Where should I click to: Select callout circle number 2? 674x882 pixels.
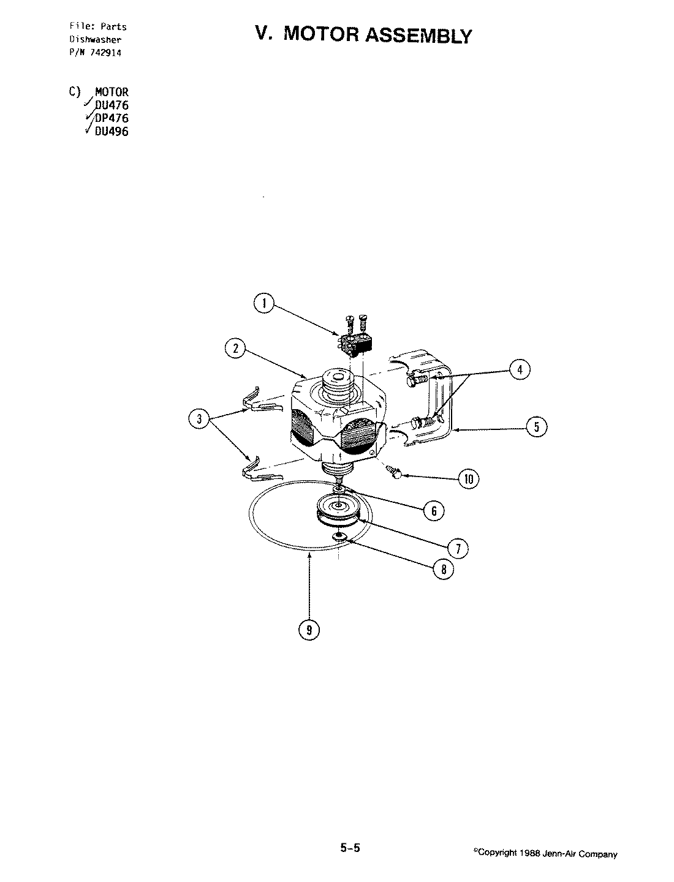point(235,350)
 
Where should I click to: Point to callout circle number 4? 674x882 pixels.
point(520,370)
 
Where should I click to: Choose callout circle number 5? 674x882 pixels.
point(537,427)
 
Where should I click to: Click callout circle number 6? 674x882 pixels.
point(433,510)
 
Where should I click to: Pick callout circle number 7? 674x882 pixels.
point(458,547)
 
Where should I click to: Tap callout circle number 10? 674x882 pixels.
point(469,479)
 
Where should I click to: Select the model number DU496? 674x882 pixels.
point(112,131)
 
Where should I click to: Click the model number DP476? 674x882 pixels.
point(112,118)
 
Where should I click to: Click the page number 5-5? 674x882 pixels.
point(350,848)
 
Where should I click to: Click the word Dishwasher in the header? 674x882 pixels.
point(94,39)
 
